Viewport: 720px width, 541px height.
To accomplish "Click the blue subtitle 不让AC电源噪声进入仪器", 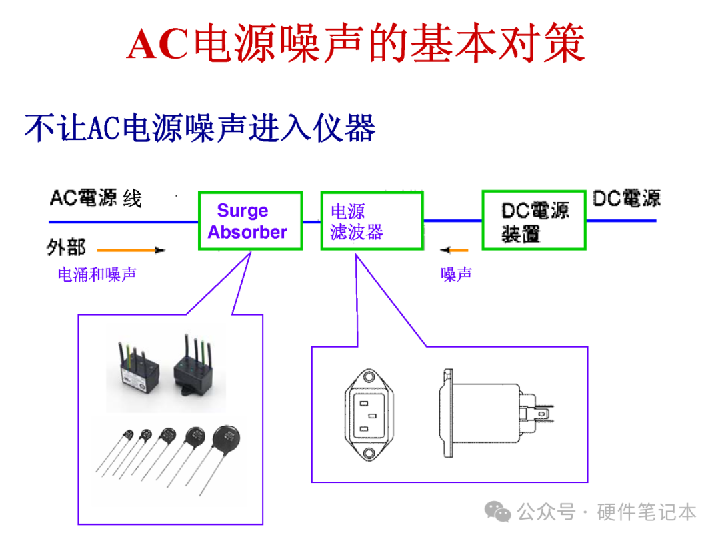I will pos(200,127).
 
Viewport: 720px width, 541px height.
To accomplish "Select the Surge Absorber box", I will pos(250,221).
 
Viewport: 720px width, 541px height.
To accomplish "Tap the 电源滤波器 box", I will pos(371,221).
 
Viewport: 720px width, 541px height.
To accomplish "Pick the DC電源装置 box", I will pos(534,221).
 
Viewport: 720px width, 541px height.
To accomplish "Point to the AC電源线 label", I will pos(96,198).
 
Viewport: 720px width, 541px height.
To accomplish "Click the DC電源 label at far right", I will pos(627,198).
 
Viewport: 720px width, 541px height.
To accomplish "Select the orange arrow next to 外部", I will pos(131,251).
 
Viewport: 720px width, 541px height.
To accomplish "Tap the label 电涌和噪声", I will pos(97,274).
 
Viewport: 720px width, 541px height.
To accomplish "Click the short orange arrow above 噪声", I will pos(454,251).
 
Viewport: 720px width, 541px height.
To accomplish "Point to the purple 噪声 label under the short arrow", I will pos(457,274).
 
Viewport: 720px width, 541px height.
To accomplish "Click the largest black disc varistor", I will pos(226,440).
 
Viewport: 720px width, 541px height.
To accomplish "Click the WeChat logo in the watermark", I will pos(499,512).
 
